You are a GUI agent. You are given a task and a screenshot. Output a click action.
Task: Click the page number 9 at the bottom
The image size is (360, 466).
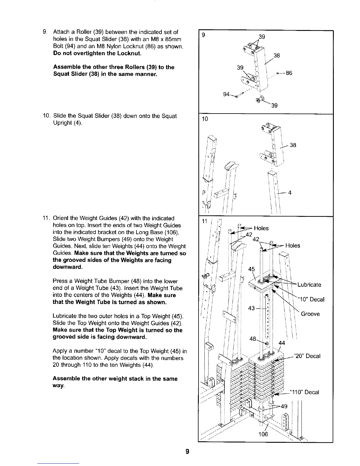coord(187,451)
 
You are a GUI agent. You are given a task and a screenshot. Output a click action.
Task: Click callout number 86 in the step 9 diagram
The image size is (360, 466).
coord(289,73)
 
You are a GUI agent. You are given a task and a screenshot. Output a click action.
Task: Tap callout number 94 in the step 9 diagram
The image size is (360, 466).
coord(226,94)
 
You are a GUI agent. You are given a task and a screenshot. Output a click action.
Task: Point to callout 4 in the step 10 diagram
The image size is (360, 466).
coord(290,193)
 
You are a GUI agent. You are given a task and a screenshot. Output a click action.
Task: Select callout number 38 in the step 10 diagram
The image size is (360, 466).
coord(293,145)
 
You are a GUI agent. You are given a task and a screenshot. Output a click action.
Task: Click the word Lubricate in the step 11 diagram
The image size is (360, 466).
coord(309,284)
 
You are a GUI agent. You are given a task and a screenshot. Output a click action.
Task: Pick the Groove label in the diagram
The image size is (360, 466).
coord(310,314)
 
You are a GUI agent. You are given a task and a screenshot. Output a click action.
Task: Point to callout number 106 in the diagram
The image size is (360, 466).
coord(263,434)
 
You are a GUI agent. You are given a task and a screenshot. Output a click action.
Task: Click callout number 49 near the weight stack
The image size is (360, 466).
coord(284,407)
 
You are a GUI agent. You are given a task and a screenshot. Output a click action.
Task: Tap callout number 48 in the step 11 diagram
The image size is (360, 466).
coord(253,339)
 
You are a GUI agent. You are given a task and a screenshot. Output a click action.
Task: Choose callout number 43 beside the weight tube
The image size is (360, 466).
coord(251,308)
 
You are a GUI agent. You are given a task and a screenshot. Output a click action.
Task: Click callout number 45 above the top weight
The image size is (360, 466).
coord(252,269)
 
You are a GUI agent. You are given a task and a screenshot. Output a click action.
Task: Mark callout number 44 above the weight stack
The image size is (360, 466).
coord(282,343)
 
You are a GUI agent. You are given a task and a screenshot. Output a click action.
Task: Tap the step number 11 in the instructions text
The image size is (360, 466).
coord(47,218)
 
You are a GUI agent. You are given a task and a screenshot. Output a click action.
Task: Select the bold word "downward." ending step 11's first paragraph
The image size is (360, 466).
coord(67,267)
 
